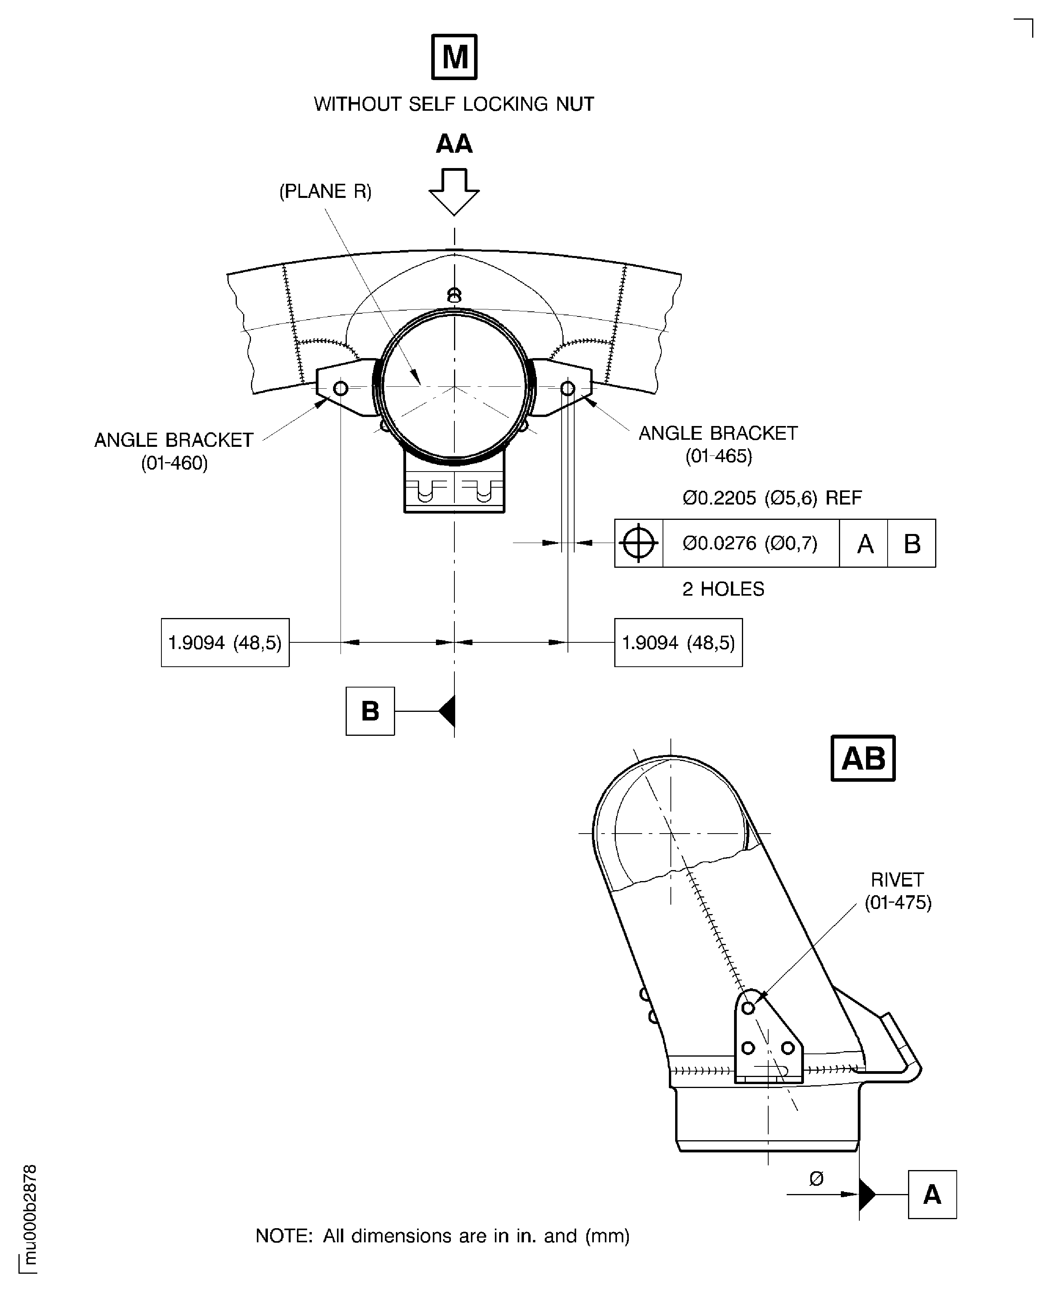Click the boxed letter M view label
point(454,57)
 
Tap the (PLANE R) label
point(325,191)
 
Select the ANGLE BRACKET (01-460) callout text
point(174,451)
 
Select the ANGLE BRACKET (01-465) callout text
point(718,444)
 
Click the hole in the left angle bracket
point(341,388)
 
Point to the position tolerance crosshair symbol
point(639,543)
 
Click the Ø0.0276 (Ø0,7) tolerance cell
point(750,543)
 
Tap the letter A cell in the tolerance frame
point(864,543)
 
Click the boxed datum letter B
point(370,711)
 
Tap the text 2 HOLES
point(723,589)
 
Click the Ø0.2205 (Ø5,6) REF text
point(772,497)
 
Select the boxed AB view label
point(863,758)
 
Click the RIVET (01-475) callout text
point(897,891)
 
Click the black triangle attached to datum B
point(447,711)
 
